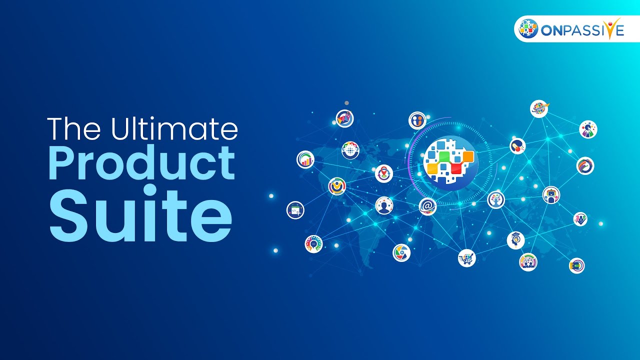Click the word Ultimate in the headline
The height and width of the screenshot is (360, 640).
(x=174, y=128)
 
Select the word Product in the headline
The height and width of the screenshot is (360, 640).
(x=142, y=162)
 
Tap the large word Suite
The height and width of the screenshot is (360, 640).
(x=141, y=213)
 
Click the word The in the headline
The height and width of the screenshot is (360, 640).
(x=74, y=128)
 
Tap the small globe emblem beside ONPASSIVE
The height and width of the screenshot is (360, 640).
(x=528, y=28)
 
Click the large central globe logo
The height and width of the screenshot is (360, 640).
(x=450, y=163)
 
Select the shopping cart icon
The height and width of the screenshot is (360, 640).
(x=467, y=258)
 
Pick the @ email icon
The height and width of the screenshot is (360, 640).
(x=427, y=206)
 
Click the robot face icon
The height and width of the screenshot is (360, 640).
(x=551, y=195)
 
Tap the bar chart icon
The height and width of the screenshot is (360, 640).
(x=305, y=159)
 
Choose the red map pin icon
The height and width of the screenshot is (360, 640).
(x=384, y=173)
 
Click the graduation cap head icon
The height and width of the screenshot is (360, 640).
(x=515, y=240)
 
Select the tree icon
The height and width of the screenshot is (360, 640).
(x=496, y=199)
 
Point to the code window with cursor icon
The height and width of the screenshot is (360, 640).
(x=295, y=210)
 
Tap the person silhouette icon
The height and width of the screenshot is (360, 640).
(x=384, y=205)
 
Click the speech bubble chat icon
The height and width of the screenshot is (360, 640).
(x=313, y=244)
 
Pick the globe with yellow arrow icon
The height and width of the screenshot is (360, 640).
(x=539, y=109)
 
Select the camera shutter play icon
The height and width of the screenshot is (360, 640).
(x=401, y=253)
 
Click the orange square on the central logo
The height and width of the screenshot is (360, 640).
(x=468, y=156)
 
